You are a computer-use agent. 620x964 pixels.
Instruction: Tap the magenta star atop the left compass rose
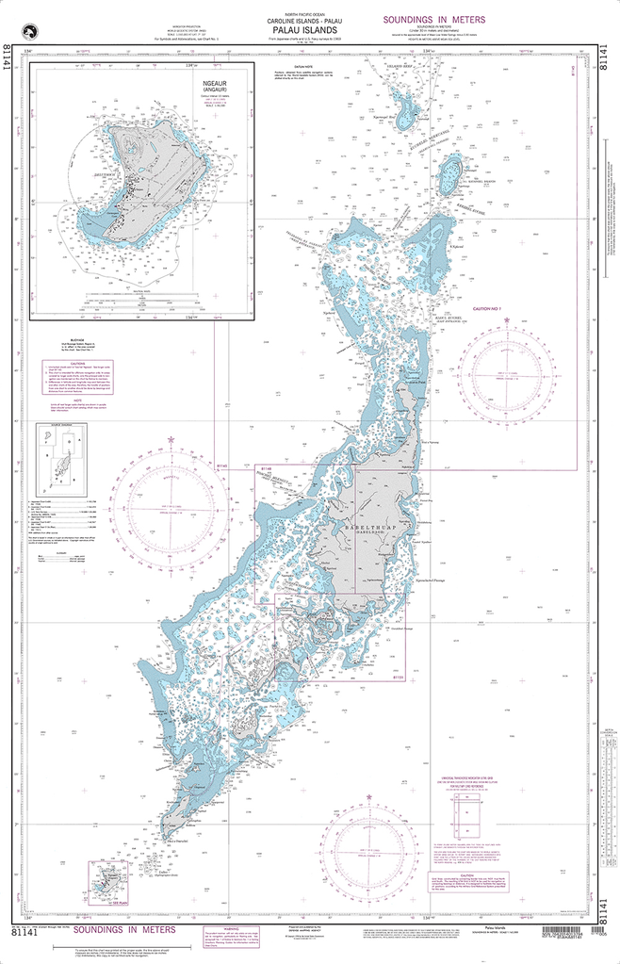(x=171, y=439)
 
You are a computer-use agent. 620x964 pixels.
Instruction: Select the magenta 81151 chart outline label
(x=398, y=678)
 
